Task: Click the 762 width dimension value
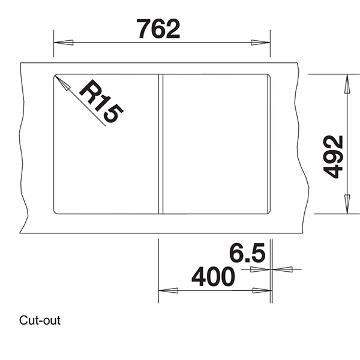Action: pos(158,28)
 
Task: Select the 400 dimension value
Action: pos(212,277)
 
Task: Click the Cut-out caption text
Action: pos(40,320)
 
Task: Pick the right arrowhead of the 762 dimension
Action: pos(261,43)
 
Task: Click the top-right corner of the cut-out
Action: pos(268,76)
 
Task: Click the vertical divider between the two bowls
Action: pos(160,143)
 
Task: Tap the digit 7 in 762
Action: pos(144,28)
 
